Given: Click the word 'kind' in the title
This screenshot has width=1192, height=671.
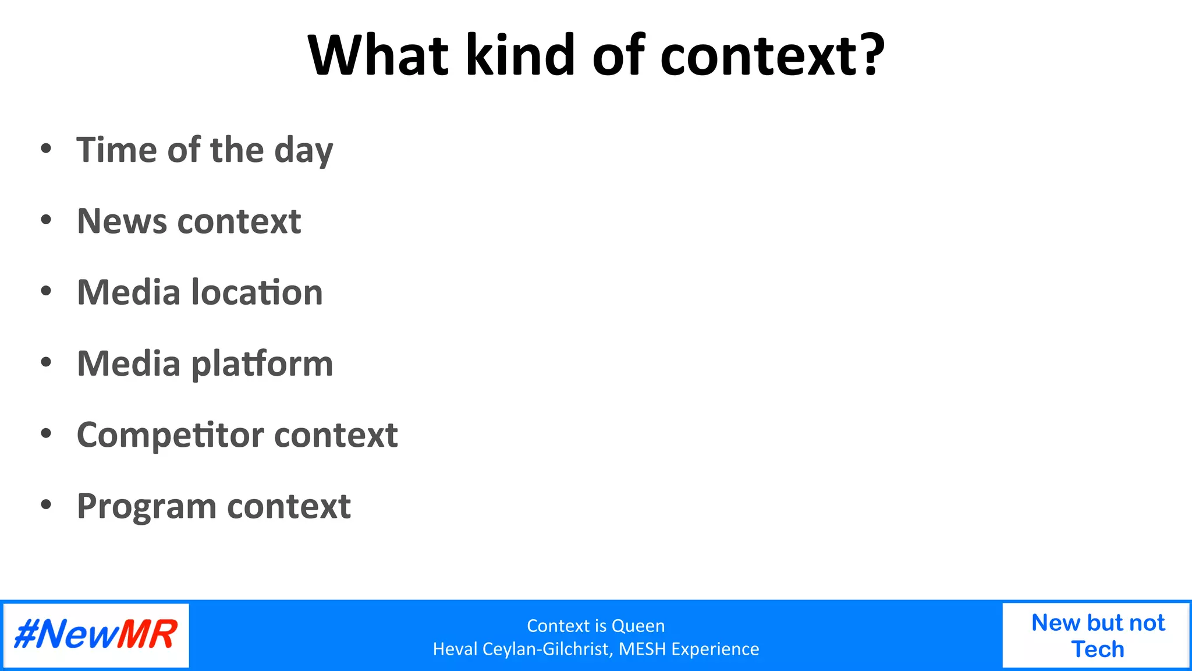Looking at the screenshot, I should click(x=520, y=55).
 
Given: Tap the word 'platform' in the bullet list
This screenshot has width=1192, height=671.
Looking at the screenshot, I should click(x=262, y=365).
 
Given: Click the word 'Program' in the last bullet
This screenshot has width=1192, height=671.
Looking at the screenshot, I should click(x=146, y=507).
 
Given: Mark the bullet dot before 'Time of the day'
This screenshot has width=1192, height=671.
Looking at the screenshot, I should click(x=46, y=149).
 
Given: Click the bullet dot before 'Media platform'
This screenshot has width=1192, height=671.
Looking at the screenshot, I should click(x=46, y=362).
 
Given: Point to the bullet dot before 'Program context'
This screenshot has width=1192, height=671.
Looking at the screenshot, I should click(x=46, y=504).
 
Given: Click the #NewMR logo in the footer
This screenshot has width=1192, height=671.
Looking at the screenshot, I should click(x=96, y=635).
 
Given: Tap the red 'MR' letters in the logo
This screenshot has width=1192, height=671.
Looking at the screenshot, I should click(x=147, y=635).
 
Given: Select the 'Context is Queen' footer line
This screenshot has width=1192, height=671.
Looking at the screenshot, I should click(x=595, y=626).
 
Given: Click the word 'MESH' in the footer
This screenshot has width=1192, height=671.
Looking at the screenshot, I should click(x=642, y=649).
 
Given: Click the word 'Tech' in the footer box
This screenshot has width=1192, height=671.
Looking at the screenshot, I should click(x=1098, y=649).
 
